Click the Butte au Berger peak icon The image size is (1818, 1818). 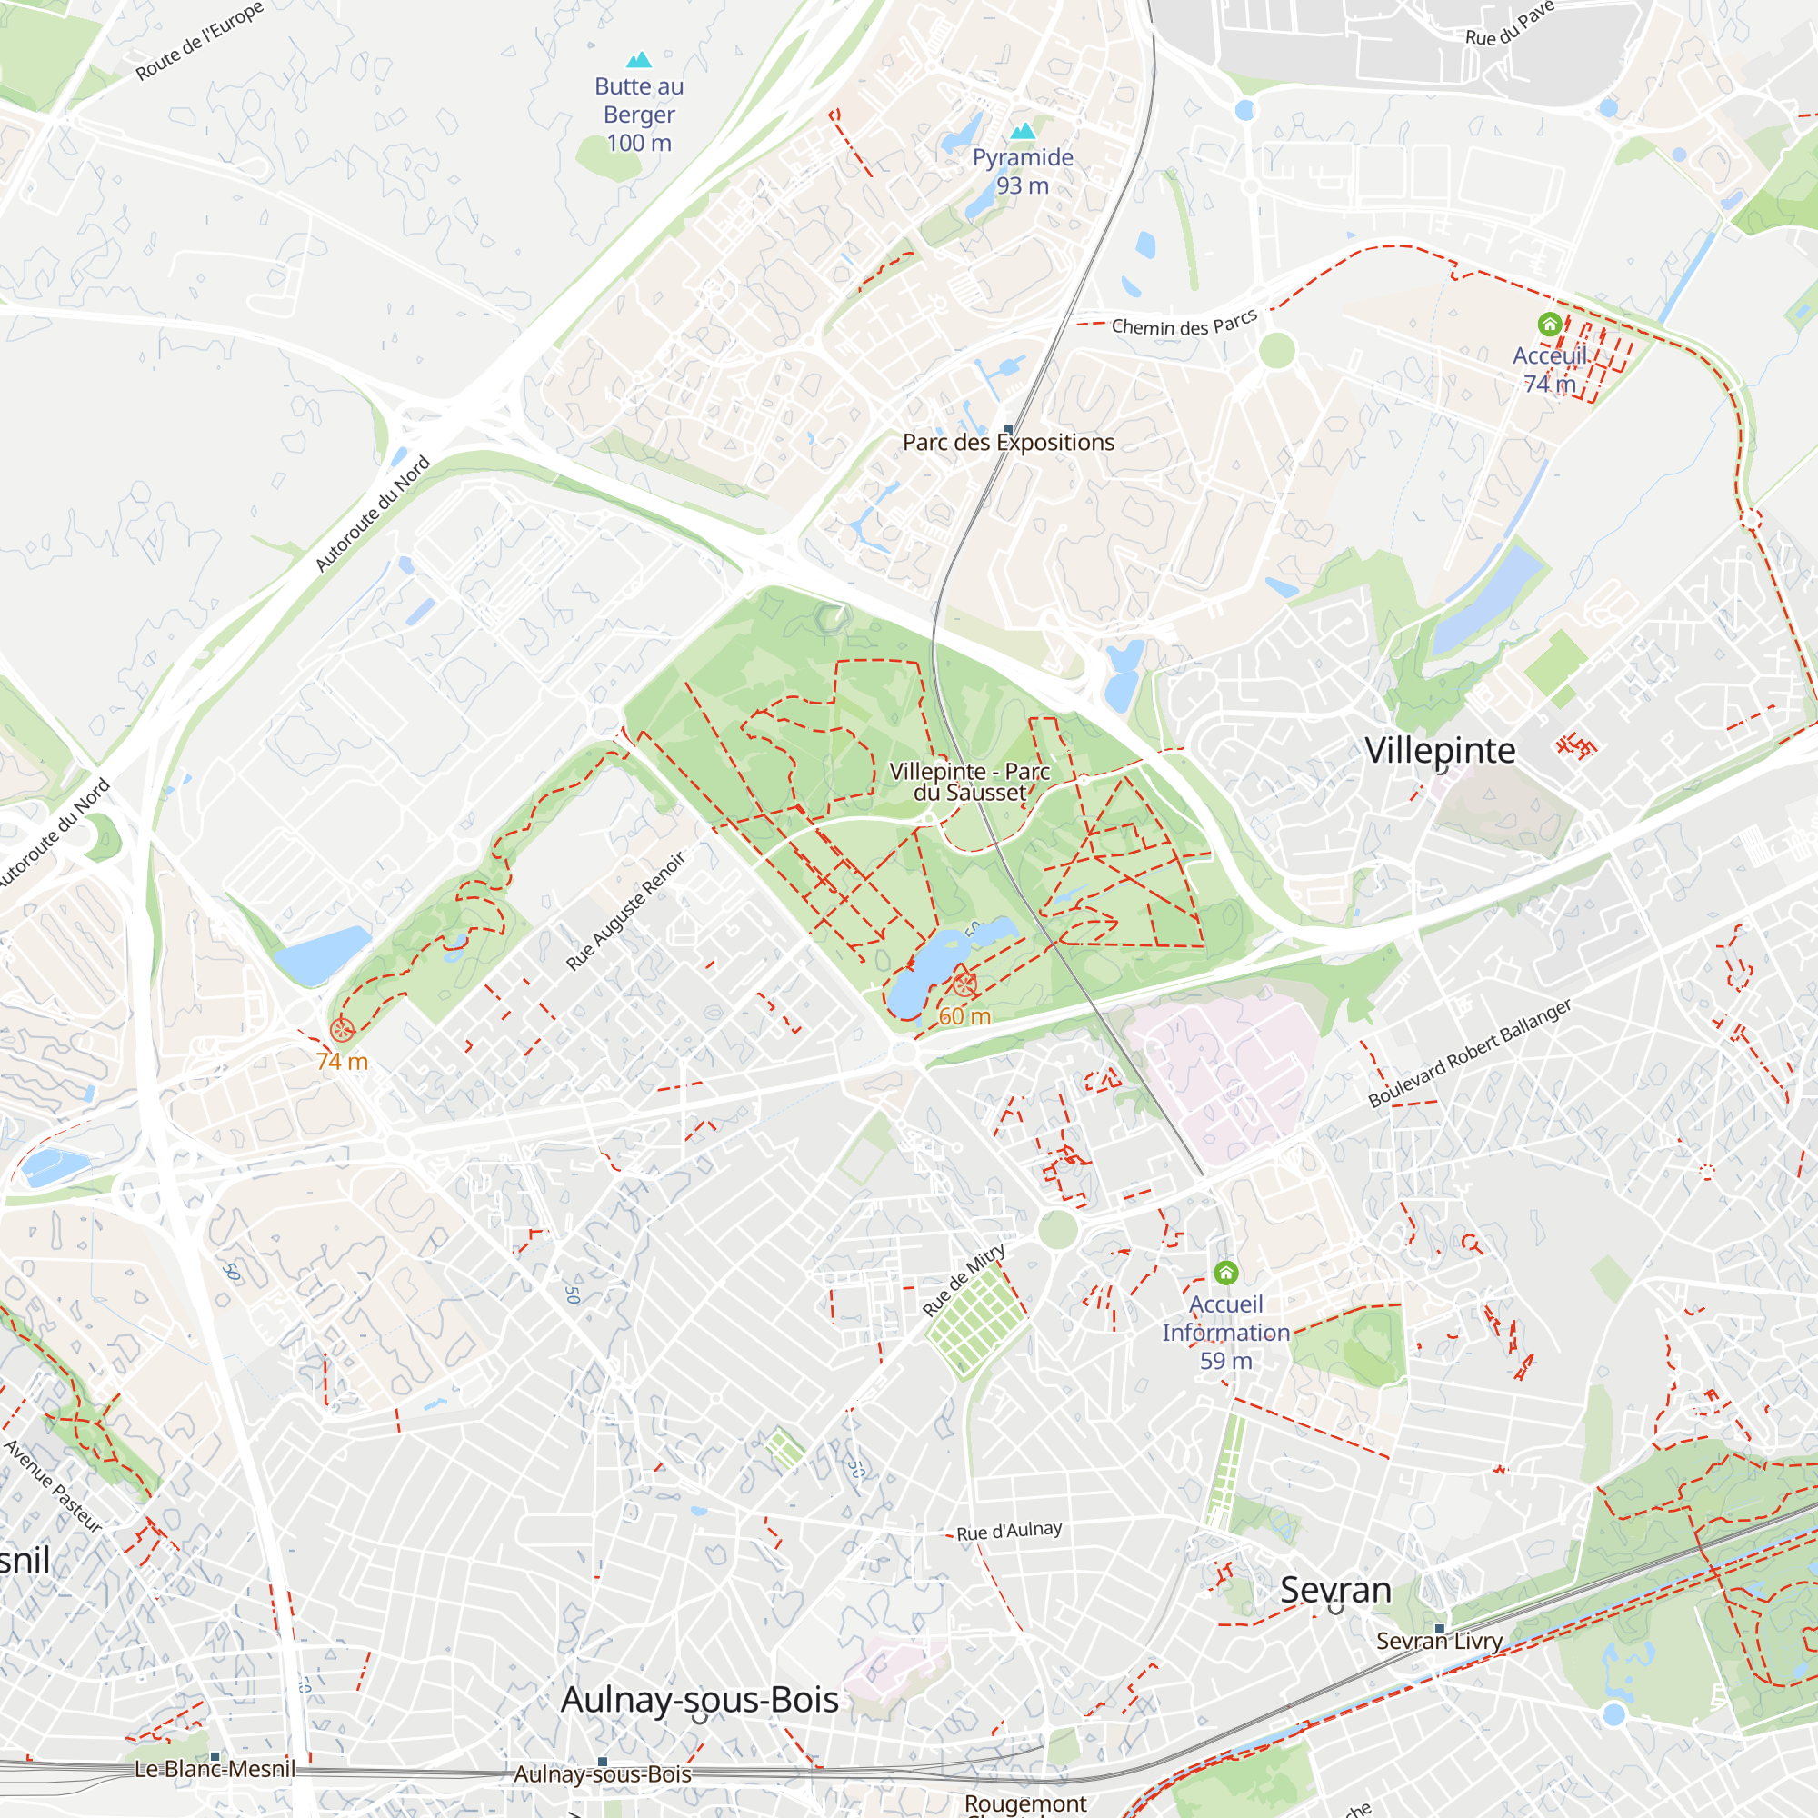coord(639,60)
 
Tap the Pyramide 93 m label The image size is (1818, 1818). coord(1022,171)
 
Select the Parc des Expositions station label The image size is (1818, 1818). coord(1008,443)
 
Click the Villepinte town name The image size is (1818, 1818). coord(1440,750)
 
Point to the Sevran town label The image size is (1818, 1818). coord(1334,1589)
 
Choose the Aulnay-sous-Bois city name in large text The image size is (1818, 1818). coord(699,1700)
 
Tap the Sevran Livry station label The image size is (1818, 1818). coord(1439,1641)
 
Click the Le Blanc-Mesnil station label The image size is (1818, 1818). coord(215,1769)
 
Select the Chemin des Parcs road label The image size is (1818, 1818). coord(1184,324)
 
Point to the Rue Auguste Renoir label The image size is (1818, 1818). coord(625,910)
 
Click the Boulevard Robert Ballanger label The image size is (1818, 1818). coord(1469,1052)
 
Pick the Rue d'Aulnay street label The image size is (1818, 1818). coord(1009,1531)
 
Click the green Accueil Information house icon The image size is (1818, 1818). coord(1225,1274)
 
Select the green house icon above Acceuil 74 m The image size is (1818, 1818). coord(1549,325)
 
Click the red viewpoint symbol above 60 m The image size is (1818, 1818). coord(964,985)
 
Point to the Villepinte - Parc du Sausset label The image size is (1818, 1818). coord(969,782)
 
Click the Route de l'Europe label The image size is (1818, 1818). coord(199,43)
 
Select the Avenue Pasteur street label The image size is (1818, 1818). coord(53,1486)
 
